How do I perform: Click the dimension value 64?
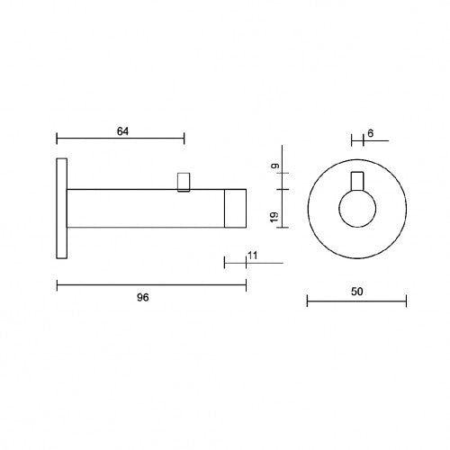click(x=123, y=131)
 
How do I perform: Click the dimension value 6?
click(x=370, y=134)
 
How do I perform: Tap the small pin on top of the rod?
click(x=185, y=181)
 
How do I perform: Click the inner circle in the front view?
click(x=355, y=211)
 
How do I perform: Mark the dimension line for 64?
click(x=121, y=139)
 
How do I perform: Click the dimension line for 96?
click(x=151, y=285)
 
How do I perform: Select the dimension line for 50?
click(x=356, y=301)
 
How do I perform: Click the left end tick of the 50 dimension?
click(x=307, y=301)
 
